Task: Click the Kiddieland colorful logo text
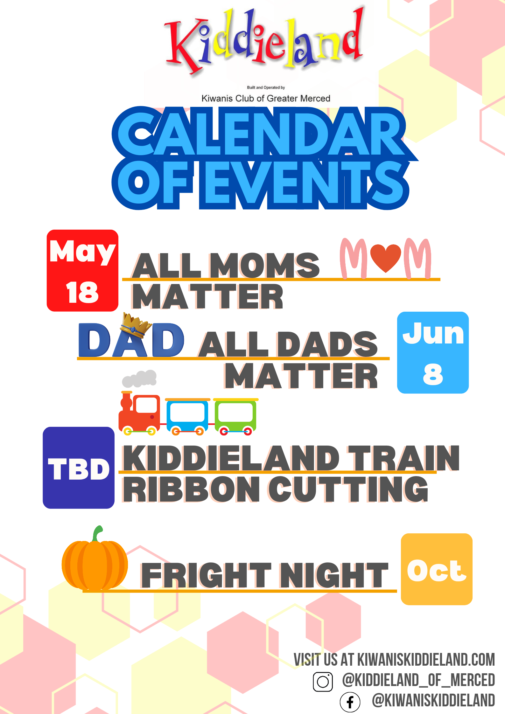coord(263,40)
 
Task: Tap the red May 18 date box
coord(82,270)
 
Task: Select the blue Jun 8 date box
coord(433,352)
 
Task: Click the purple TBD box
coord(79,468)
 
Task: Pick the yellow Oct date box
coord(437,569)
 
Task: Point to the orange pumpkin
coord(95,559)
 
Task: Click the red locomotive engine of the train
coord(139,413)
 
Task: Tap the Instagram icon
coord(323,682)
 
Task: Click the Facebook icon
coord(350,702)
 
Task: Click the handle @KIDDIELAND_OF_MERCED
coord(418,680)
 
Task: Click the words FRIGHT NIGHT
coord(265,575)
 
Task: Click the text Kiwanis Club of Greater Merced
coord(266,98)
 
